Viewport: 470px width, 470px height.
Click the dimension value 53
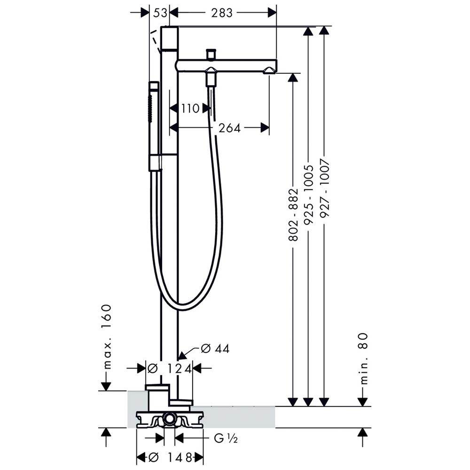[160, 13]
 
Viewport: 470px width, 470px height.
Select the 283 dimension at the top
[222, 13]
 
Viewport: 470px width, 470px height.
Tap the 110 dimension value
[190, 109]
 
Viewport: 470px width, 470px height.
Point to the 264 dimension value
[229, 128]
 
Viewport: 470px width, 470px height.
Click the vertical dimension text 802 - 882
[293, 215]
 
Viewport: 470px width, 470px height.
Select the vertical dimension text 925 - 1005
[308, 195]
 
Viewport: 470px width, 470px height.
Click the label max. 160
[106, 337]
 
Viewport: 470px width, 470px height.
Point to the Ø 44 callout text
[215, 349]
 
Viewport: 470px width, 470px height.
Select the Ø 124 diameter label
[169, 368]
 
